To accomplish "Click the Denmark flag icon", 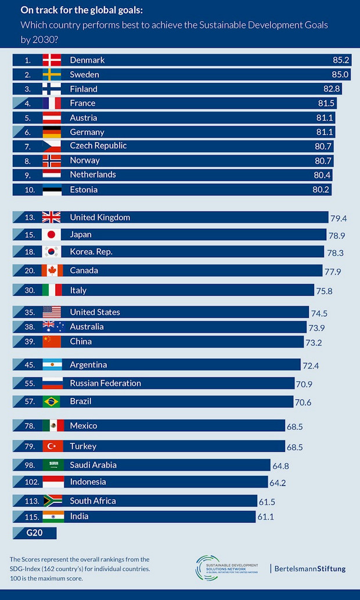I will pos(52,60).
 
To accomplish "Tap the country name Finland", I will pos(84,89).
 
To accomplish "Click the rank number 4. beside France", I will pos(27,103).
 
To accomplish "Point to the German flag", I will pos(52,132).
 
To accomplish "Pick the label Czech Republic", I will pos(98,146).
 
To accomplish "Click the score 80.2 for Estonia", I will pos(323,190).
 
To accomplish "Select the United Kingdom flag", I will pos(52,218).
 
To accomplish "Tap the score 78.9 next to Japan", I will pos(337,236).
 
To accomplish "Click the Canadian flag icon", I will pos(52,270).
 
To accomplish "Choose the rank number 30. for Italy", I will pos(29,290).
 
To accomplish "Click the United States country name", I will pos(95,312).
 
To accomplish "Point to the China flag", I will pos(52,342).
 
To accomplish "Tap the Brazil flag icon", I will pos(52,402).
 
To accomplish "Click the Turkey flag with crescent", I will pos(52,446).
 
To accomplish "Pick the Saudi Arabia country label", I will pos(93,465).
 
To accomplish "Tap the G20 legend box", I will pos(34,532).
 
